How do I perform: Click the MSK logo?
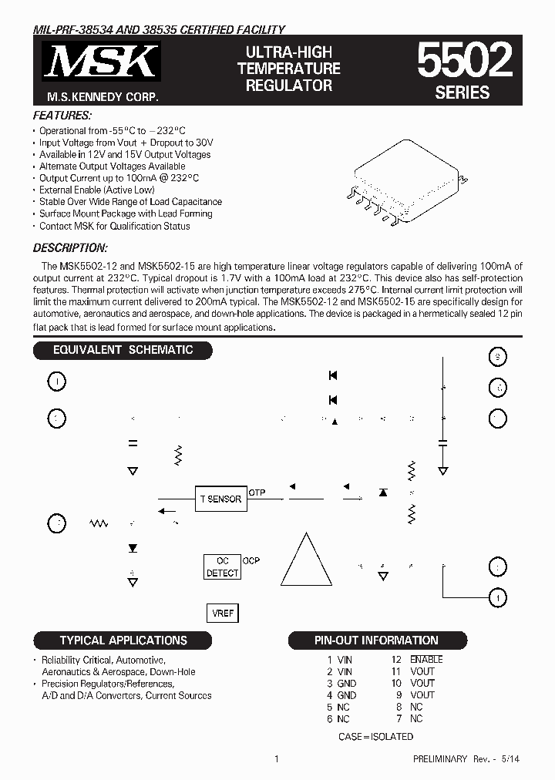pos(103,62)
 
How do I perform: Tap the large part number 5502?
pos(464,61)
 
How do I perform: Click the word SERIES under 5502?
pos(462,92)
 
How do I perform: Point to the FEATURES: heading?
pos(62,115)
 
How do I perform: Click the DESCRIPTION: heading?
pos(70,248)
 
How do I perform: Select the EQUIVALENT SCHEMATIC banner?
pos(123,350)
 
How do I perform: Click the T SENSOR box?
pos(220,499)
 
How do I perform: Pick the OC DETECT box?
pos(222,567)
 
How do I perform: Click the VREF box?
pos(223,613)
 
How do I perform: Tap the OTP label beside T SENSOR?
pos(257,493)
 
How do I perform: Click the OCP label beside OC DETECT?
pos(252,561)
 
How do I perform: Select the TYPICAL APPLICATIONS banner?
pos(123,640)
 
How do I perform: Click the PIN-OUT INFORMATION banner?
pos(377,640)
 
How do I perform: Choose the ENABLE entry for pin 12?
pos(426,660)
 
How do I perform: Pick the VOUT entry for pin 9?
pos(422,694)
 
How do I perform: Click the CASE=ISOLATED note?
pos(375,737)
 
